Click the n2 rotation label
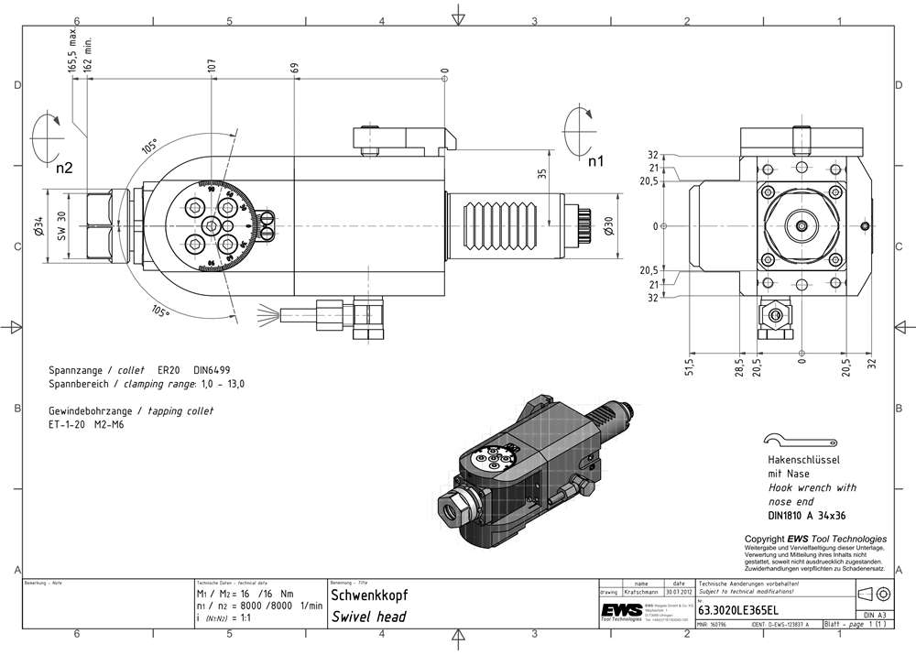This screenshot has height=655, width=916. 63,168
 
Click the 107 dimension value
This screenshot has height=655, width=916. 212,67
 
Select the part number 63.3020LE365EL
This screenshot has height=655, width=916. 739,610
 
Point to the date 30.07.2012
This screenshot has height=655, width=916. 678,592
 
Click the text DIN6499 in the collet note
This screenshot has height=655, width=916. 212,369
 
